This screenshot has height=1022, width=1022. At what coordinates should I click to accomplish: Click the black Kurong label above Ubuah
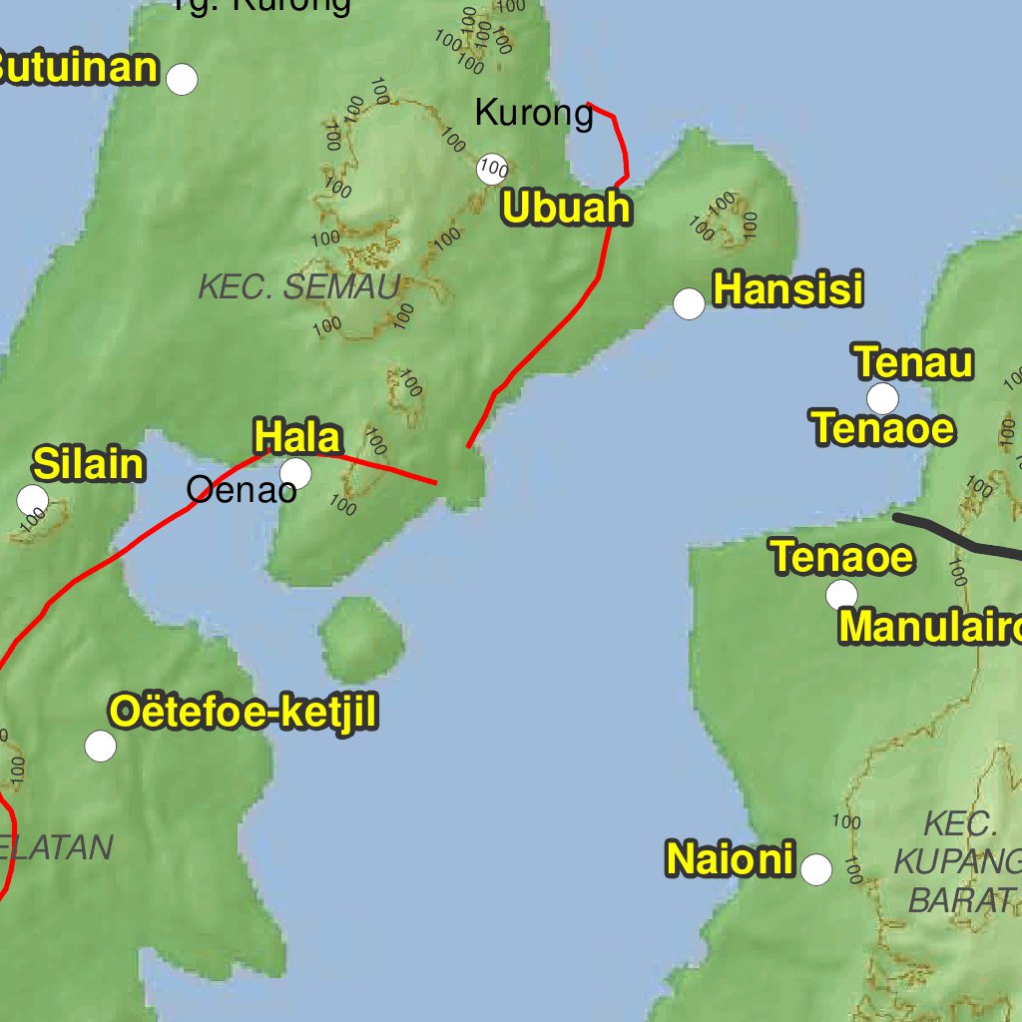tap(534, 113)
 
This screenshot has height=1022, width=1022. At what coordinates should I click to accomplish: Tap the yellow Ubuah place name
tap(567, 208)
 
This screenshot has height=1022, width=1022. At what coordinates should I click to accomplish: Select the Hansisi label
tap(787, 289)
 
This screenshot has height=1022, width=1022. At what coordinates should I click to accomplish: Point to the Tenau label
tap(913, 362)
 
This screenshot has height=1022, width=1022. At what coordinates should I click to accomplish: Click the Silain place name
tap(89, 464)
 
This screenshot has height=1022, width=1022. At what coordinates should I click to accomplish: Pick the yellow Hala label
tap(297, 437)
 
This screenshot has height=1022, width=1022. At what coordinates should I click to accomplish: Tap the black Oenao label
tap(242, 490)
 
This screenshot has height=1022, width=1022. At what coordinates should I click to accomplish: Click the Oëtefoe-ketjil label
tap(244, 713)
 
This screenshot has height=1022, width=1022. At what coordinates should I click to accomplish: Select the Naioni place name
tap(730, 859)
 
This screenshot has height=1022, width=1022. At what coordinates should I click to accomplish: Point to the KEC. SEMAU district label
tap(299, 287)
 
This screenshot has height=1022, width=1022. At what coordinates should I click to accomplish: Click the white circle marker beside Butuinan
tap(182, 79)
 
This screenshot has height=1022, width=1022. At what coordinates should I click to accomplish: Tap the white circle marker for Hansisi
tap(689, 303)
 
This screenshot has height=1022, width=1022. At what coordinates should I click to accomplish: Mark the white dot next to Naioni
tap(816, 870)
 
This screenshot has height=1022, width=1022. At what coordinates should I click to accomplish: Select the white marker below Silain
tap(33, 499)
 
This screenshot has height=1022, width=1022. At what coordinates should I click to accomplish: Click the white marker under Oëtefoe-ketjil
tap(101, 746)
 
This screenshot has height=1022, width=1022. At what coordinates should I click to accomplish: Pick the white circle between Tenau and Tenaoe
tap(882, 398)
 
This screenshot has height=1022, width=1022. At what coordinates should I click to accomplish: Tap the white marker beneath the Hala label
tap(295, 474)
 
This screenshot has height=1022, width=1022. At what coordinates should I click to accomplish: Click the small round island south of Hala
tap(362, 639)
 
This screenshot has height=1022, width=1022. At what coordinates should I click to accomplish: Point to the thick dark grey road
tap(958, 536)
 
